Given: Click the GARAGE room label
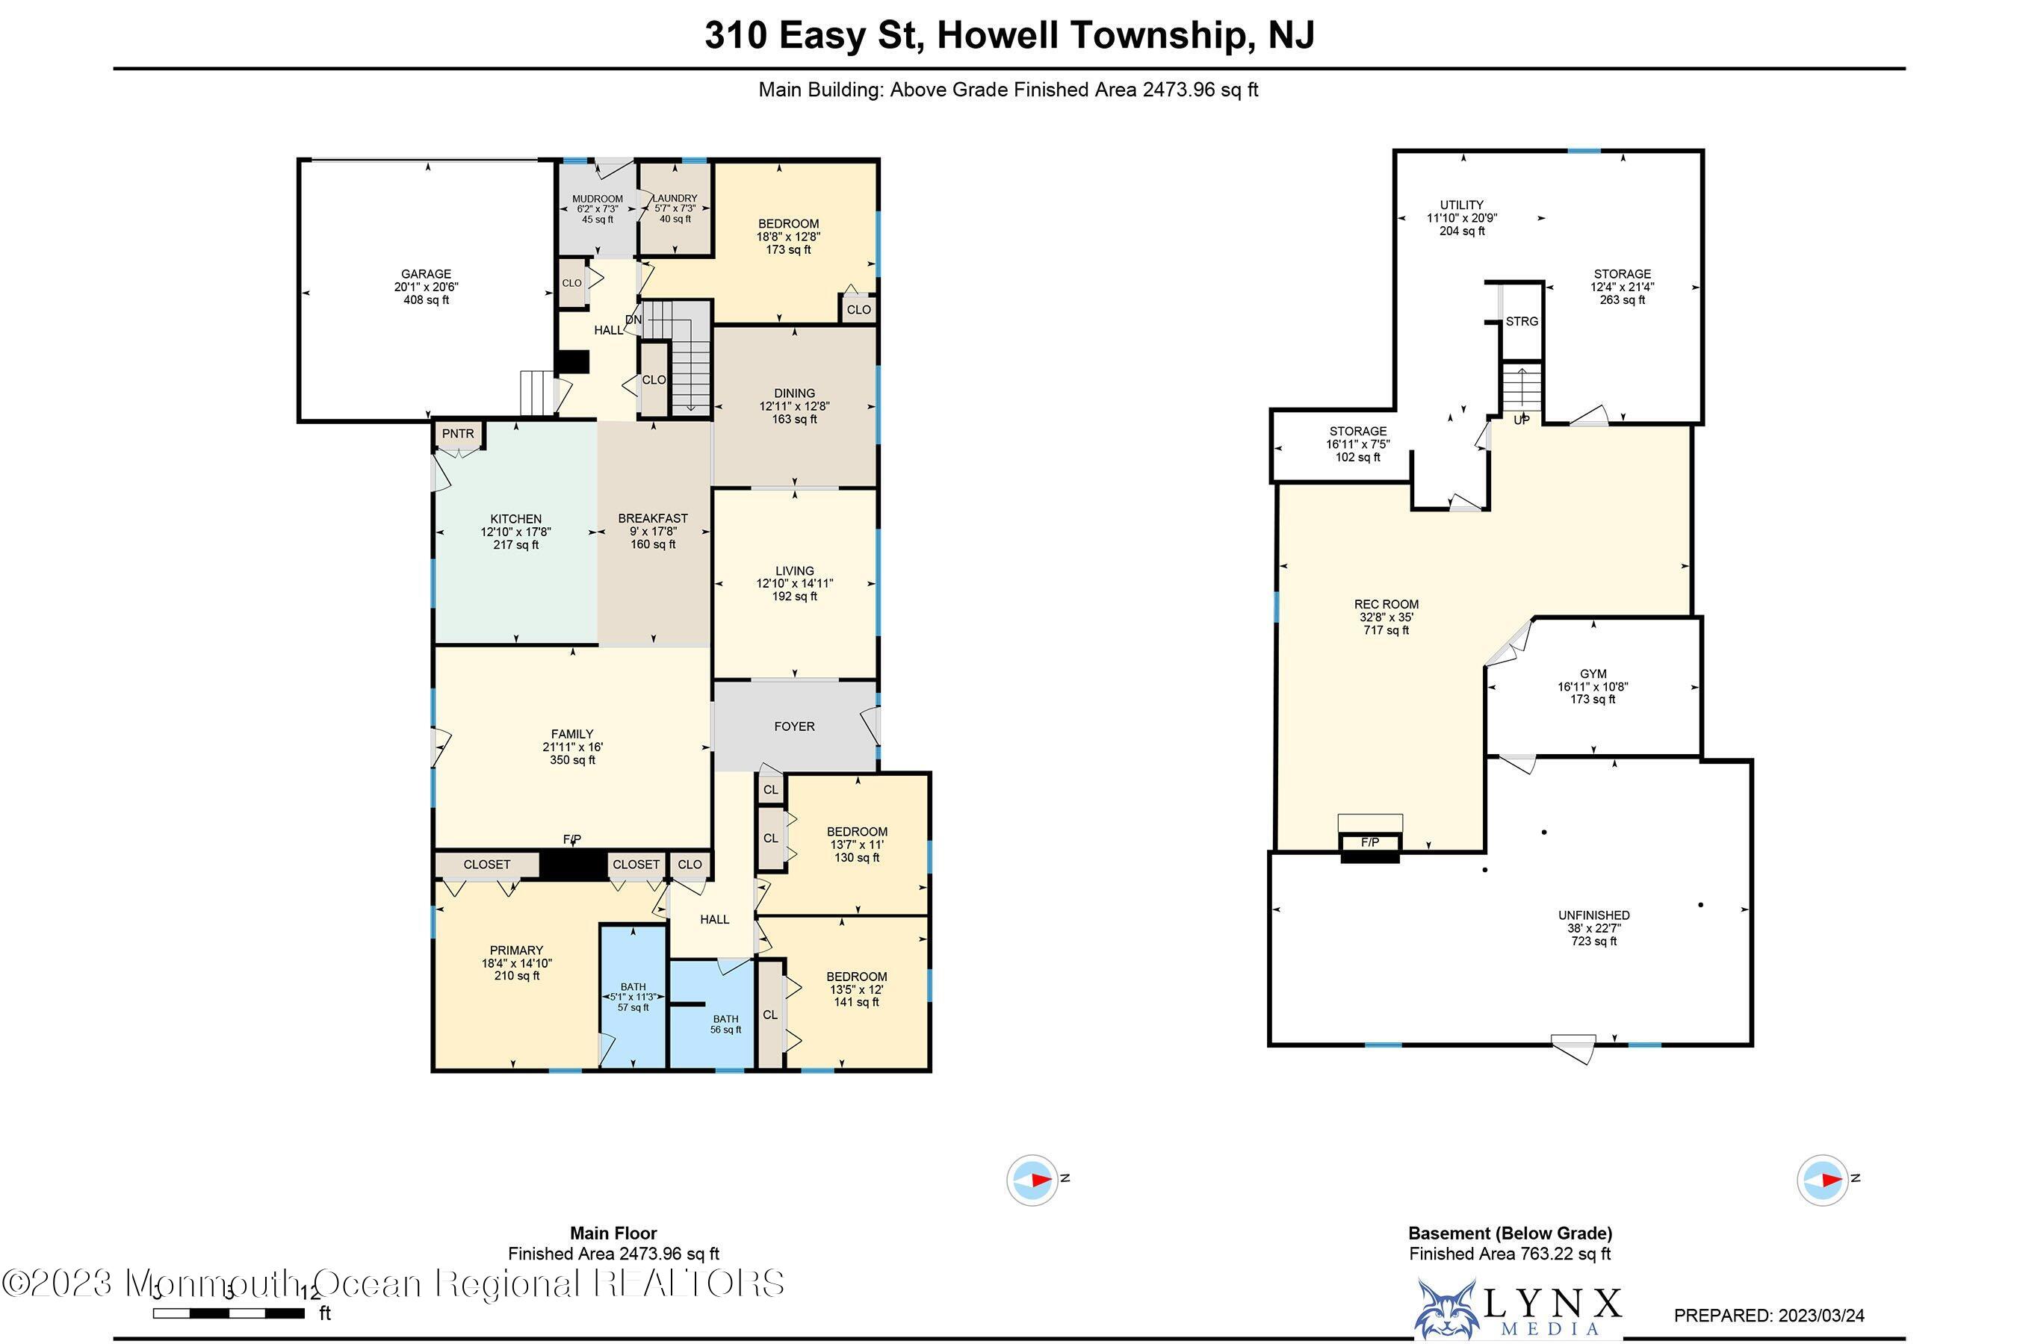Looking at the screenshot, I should click(x=427, y=274).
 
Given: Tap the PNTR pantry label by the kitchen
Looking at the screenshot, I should click(x=458, y=434).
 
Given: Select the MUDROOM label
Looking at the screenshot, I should click(x=598, y=199).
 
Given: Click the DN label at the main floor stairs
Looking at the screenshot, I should click(x=633, y=320).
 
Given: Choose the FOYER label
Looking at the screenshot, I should click(x=794, y=726).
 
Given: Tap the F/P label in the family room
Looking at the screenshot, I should click(x=572, y=839).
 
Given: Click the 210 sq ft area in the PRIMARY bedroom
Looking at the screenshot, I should click(x=516, y=975).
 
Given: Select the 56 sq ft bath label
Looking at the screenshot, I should click(x=725, y=1030).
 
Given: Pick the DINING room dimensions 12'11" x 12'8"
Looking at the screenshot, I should click(x=794, y=406).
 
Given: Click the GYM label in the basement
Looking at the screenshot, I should click(x=1593, y=673).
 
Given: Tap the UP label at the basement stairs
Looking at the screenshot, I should click(x=1520, y=420).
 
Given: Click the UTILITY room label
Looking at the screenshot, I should click(x=1461, y=205).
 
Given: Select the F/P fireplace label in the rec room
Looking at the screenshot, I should click(x=1369, y=842).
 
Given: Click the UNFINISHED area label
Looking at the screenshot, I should click(x=1593, y=915).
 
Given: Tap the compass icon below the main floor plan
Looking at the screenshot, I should click(x=1032, y=1180).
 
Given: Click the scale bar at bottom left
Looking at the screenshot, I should click(x=229, y=1313).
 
